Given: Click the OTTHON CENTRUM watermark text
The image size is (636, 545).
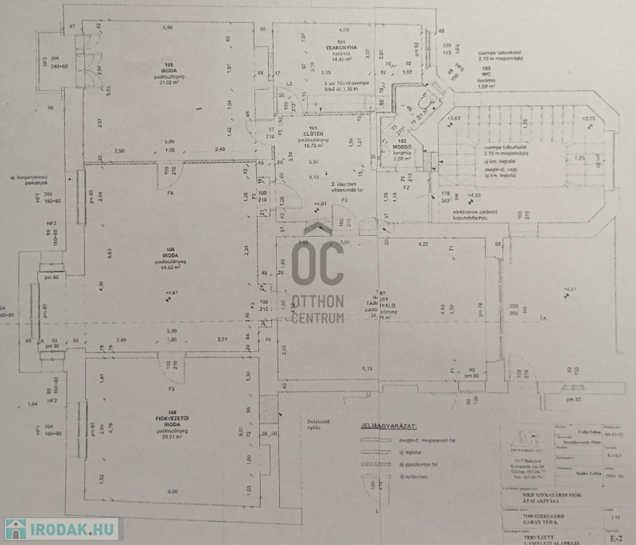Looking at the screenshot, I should point(318,310).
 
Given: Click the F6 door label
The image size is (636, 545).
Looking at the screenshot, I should point(169,193).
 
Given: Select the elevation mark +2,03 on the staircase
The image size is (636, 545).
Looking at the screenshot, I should point(589,119).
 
